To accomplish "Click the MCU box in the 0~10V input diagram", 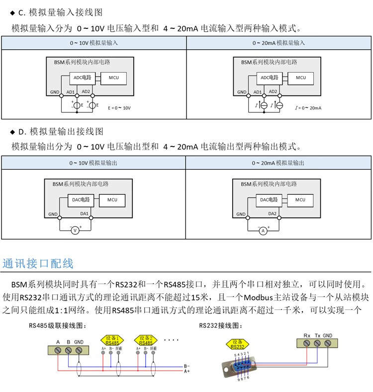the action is point(113,78).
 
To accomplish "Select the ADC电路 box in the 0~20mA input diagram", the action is point(270,78).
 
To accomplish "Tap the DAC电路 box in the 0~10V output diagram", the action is point(81,200).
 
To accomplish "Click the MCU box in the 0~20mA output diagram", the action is point(300,200).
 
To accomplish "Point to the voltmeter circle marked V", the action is point(75,230).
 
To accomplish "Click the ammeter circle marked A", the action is point(263,231).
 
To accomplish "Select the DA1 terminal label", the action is point(84,214).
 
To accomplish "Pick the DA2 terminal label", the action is point(272,214).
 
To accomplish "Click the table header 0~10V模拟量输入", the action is point(94,43).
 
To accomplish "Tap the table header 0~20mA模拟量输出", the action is point(278,163).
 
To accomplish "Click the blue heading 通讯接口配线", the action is point(38,264).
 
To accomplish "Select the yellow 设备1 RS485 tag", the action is point(112,340).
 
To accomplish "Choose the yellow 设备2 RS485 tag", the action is point(146,340).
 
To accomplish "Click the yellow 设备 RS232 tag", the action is point(237,344).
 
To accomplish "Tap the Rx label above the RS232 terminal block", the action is point(307,336).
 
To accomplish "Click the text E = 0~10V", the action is point(119,108).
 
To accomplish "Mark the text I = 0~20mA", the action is point(308,108).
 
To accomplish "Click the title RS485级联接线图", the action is point(58,325).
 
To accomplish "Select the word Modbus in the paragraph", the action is point(258,297).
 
